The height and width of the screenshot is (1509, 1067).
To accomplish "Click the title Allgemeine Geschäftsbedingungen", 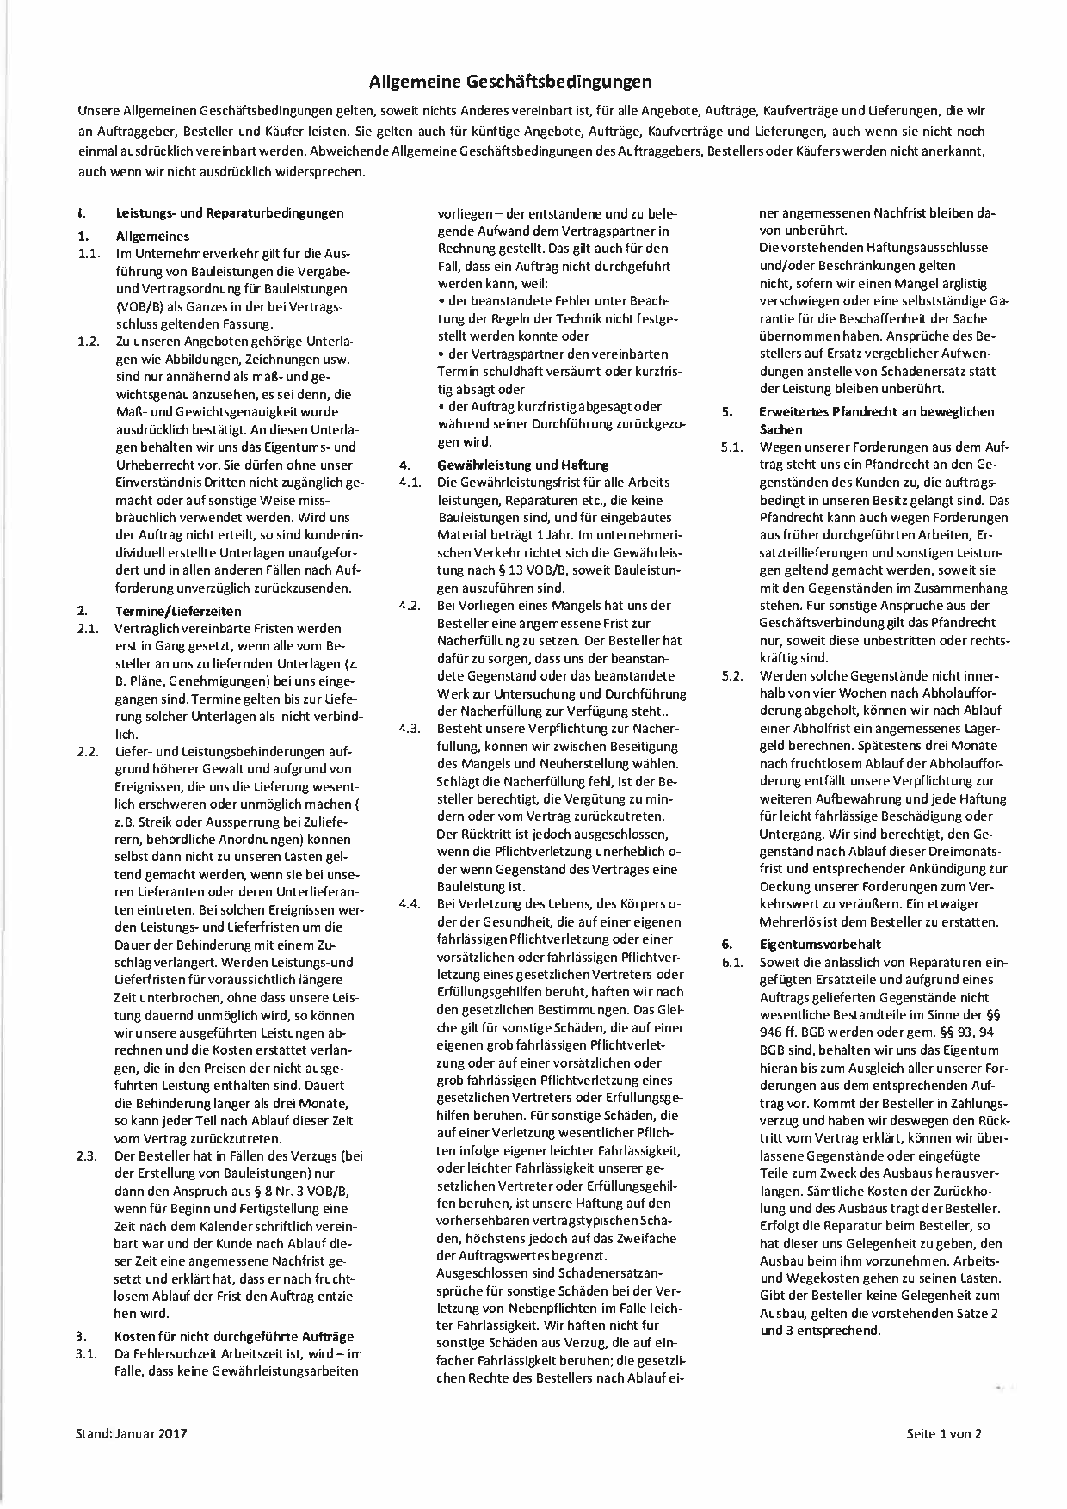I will [x=510, y=83].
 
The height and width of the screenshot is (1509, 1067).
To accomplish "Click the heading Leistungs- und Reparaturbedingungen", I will [x=229, y=213].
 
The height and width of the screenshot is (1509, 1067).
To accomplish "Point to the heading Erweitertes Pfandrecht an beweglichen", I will [x=877, y=412].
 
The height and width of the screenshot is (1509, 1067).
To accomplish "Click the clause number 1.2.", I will [x=89, y=342].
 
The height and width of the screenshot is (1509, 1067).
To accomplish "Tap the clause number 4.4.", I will [x=409, y=904].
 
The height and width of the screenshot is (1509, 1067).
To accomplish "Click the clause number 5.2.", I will [x=732, y=675].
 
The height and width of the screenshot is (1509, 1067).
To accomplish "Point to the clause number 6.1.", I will [x=732, y=962].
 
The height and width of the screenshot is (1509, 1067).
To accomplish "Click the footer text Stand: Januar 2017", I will [x=132, y=1433].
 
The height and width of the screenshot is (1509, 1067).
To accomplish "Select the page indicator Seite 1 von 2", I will [x=944, y=1433].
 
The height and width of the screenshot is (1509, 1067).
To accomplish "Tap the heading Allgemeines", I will [x=152, y=236].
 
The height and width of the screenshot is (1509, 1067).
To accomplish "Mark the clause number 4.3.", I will [x=409, y=729].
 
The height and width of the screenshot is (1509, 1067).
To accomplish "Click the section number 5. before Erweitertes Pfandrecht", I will [x=728, y=412].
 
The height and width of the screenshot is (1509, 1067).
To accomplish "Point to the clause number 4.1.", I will [x=409, y=483].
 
